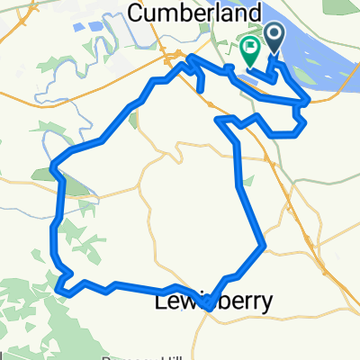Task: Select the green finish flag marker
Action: coord(249,53)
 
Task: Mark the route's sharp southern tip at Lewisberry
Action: coord(208,308)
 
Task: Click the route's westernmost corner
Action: coord(55,166)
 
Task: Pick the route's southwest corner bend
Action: coord(60,290)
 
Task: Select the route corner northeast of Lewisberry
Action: coord(263,246)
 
